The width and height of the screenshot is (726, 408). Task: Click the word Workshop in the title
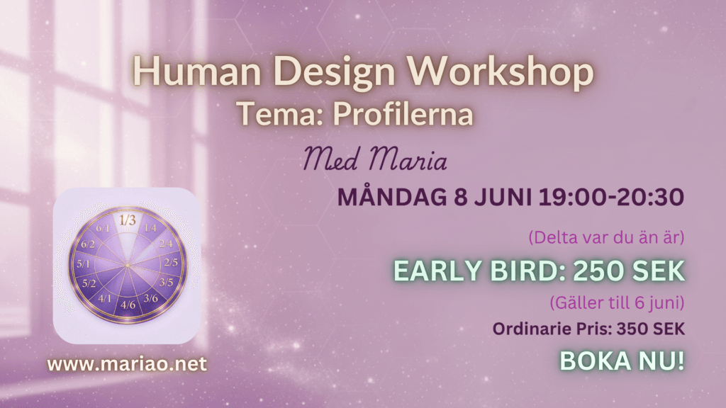pos(500,72)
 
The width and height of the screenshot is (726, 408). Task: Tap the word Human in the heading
pos(197,72)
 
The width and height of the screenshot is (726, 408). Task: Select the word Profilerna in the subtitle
pos(403,114)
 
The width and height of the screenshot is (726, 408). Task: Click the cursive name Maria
pos(408,158)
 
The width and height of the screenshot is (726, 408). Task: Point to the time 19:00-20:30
pos(611,197)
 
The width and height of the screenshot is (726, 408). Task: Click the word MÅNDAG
pos(392,196)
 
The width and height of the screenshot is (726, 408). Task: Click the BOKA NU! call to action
pos(622,361)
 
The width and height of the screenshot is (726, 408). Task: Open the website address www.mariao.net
pos(127,364)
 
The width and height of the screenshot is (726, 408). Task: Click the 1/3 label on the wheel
pos(128,220)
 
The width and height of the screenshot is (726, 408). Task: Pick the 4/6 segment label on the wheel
pos(128,305)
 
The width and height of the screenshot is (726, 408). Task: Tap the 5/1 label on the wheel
pos(84,264)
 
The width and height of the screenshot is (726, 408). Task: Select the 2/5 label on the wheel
pos(171,263)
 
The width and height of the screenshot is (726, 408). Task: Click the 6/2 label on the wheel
pos(88,244)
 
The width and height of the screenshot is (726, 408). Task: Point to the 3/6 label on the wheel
pos(150,298)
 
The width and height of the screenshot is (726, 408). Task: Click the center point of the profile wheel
pos(128,265)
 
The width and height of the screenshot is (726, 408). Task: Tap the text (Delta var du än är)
pos(606,237)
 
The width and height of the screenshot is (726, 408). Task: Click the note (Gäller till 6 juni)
pos(617,303)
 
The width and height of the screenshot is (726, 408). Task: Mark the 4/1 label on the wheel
pos(105,298)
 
